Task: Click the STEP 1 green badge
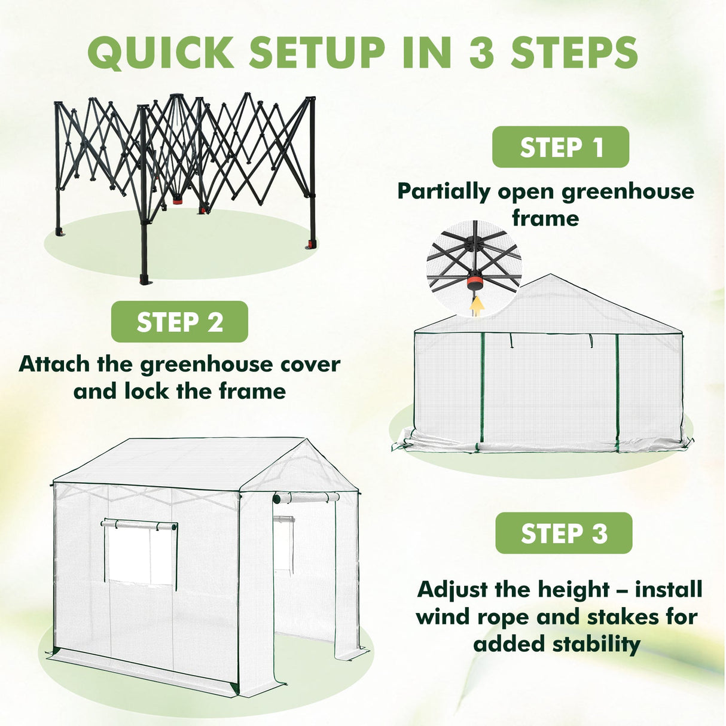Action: (560, 147)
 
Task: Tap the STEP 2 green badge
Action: (179, 322)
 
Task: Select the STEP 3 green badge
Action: (563, 533)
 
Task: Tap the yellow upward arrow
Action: (477, 306)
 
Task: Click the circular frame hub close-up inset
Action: (474, 266)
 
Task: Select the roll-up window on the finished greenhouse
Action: (141, 551)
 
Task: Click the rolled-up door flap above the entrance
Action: (306, 498)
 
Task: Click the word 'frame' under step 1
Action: (545, 218)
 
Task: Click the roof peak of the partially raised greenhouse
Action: (550, 276)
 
